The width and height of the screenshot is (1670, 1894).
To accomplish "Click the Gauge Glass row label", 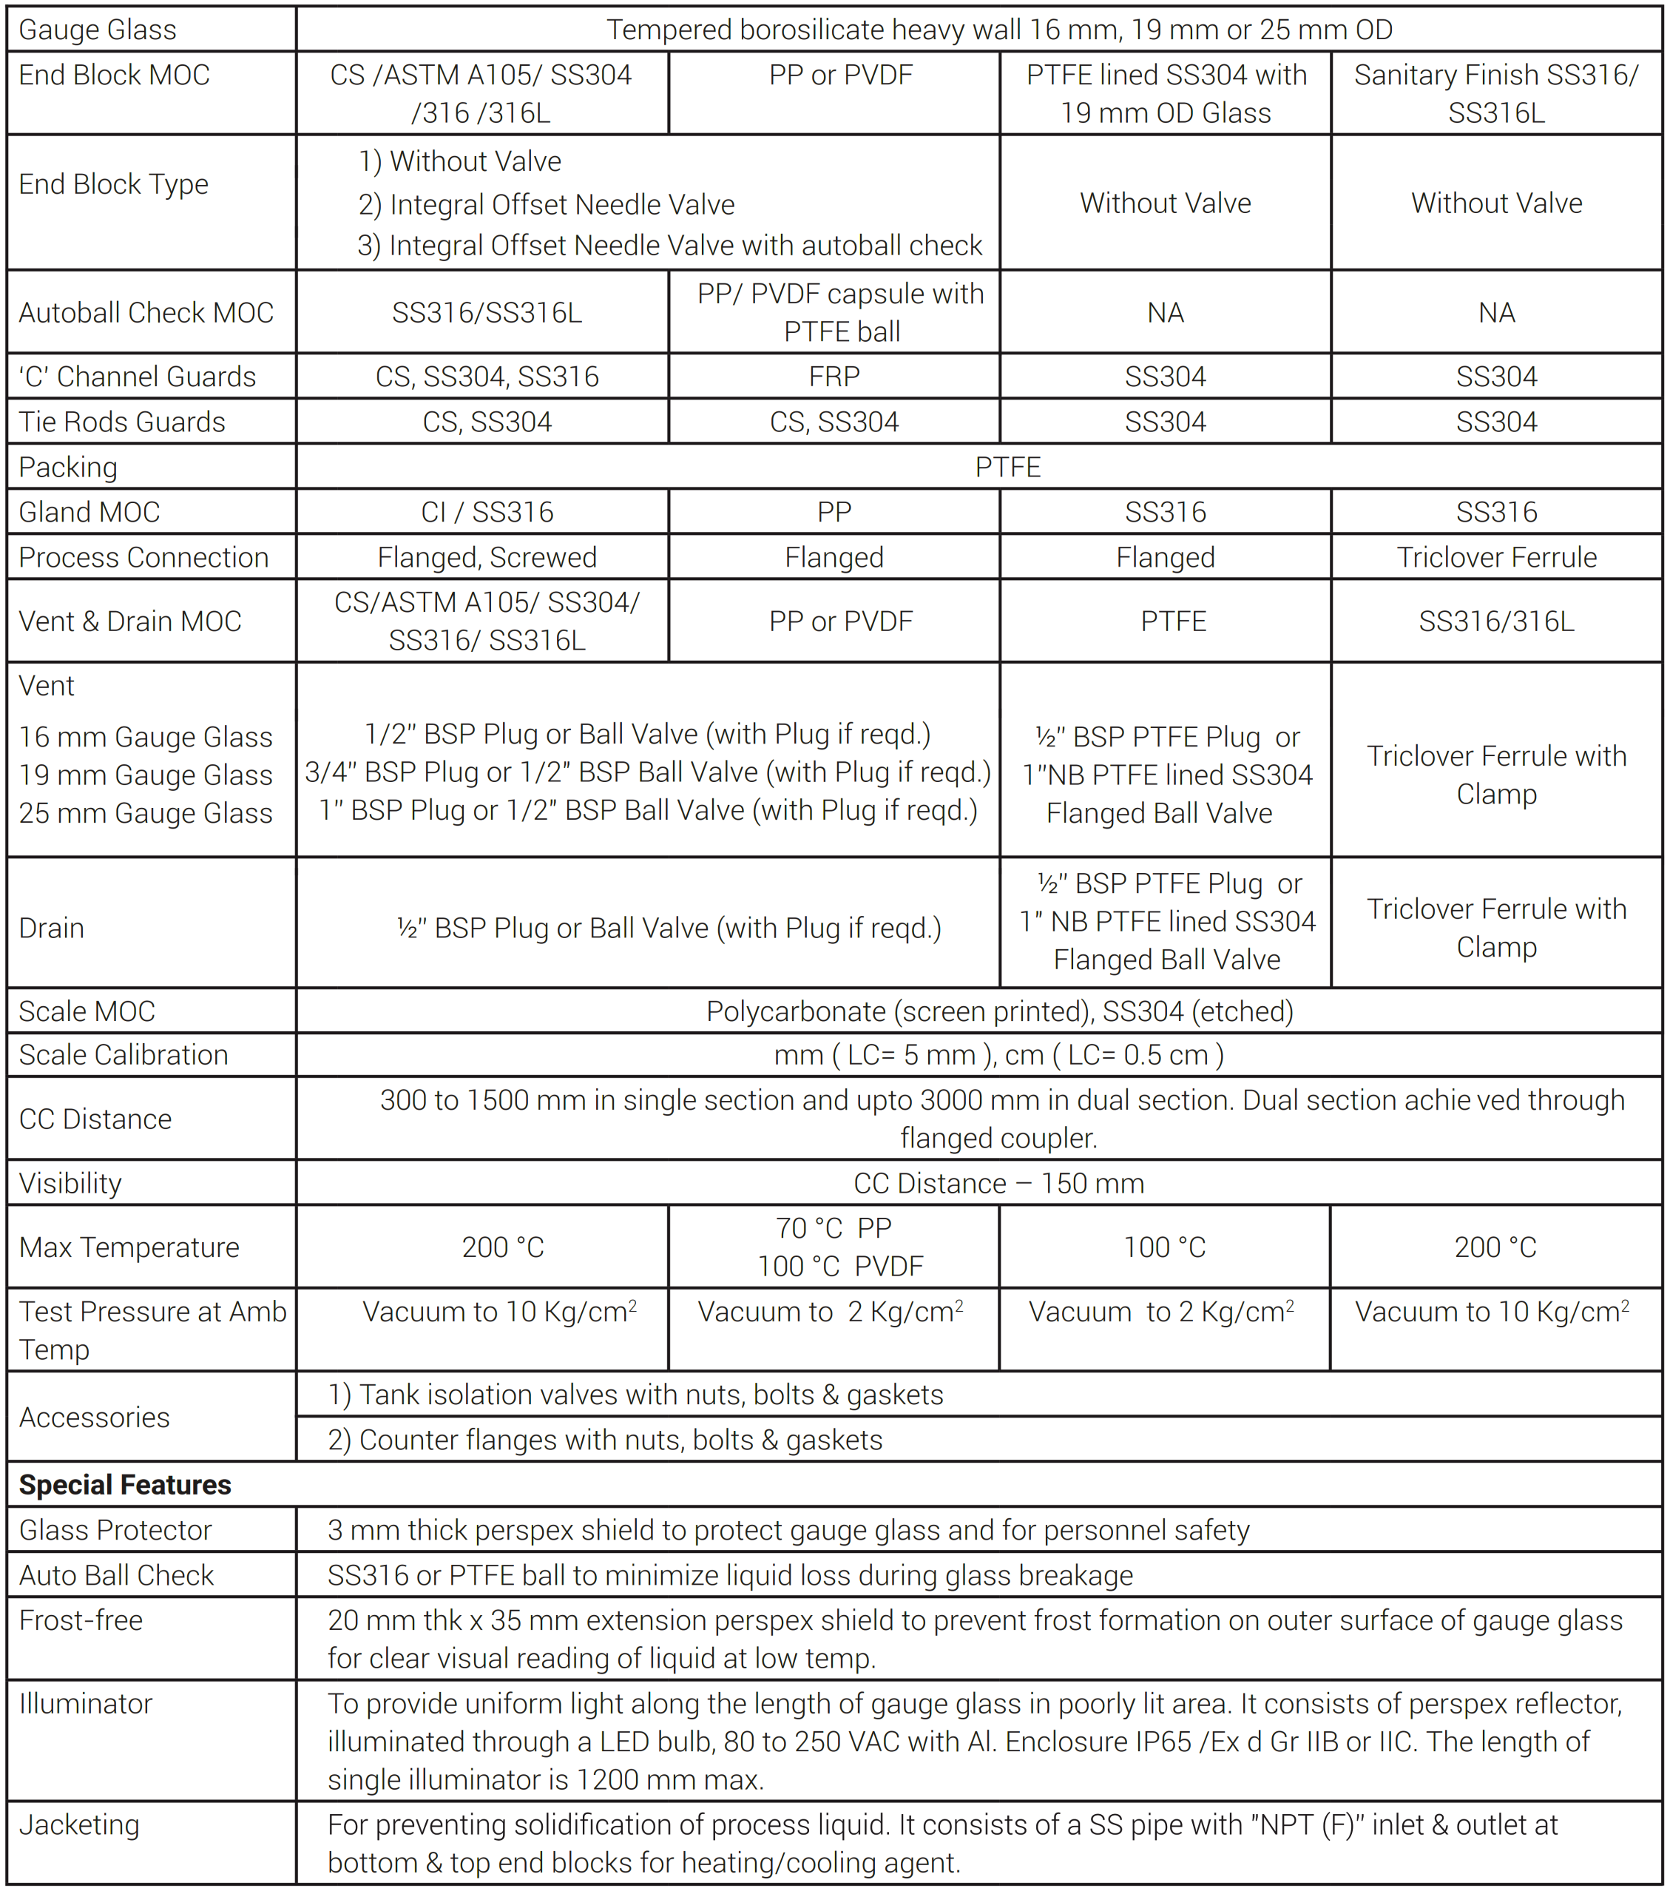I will (97, 30).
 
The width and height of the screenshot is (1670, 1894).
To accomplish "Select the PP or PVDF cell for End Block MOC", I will (840, 75).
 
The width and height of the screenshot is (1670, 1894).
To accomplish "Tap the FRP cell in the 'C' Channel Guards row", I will (834, 376).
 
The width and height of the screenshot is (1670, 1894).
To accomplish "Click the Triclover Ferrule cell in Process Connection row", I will (1496, 557).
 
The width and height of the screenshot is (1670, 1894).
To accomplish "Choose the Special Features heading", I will (125, 1484).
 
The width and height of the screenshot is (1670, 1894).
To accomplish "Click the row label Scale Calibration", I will (124, 1054).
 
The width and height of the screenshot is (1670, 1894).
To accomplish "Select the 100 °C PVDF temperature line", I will (840, 1266).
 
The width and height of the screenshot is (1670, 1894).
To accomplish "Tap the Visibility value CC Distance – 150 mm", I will (998, 1183).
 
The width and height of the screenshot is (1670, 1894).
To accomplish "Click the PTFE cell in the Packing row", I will (1008, 467).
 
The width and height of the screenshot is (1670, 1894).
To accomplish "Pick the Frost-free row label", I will (81, 1620).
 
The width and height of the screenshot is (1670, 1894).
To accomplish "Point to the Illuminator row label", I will (85, 1703).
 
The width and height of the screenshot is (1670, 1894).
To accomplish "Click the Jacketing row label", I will (80, 1824).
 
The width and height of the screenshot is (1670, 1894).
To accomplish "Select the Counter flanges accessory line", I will (605, 1439).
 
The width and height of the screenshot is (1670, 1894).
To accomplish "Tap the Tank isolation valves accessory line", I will (635, 1395).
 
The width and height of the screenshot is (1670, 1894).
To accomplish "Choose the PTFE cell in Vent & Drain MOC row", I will (1172, 621).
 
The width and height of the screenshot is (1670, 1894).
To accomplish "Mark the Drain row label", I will (52, 928).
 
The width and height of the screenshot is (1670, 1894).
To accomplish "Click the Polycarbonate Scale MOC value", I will (998, 1011).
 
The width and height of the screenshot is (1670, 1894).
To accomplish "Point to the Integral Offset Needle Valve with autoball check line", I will (669, 246).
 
